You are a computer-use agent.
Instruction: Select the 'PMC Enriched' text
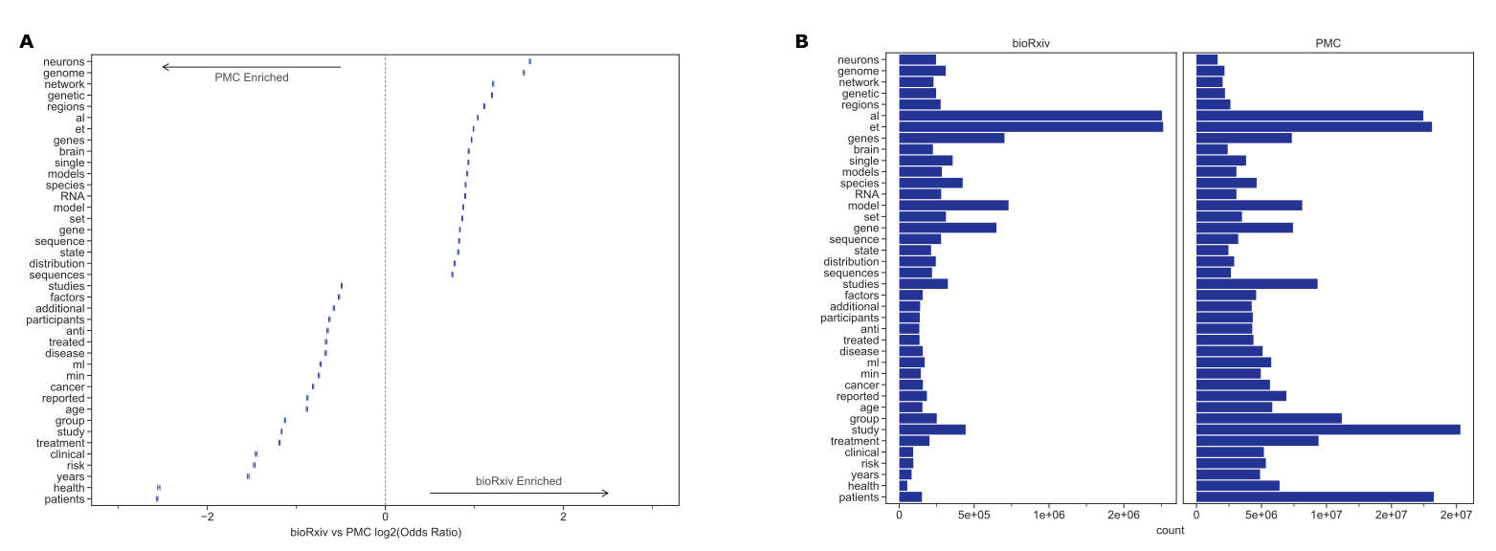click(x=251, y=77)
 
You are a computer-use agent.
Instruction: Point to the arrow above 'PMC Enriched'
click(x=251, y=67)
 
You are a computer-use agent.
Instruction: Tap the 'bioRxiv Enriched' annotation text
click(x=519, y=480)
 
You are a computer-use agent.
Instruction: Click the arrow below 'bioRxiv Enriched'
click(x=519, y=494)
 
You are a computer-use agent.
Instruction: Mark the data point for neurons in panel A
click(x=529, y=61)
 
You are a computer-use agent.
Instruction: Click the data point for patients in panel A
click(x=157, y=499)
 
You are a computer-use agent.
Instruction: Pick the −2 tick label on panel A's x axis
click(x=207, y=518)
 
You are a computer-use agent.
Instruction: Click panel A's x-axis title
click(x=375, y=532)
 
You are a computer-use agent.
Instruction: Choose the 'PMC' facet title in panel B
click(x=1331, y=43)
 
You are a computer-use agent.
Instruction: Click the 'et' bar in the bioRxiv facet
click(x=1030, y=127)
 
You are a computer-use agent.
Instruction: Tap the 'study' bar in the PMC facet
click(x=1328, y=430)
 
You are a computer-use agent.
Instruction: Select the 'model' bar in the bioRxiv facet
click(x=953, y=206)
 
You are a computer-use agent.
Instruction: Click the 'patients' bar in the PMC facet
click(x=1314, y=496)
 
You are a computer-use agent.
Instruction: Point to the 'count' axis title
click(x=1170, y=530)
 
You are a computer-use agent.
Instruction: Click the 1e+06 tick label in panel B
click(x=1049, y=516)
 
